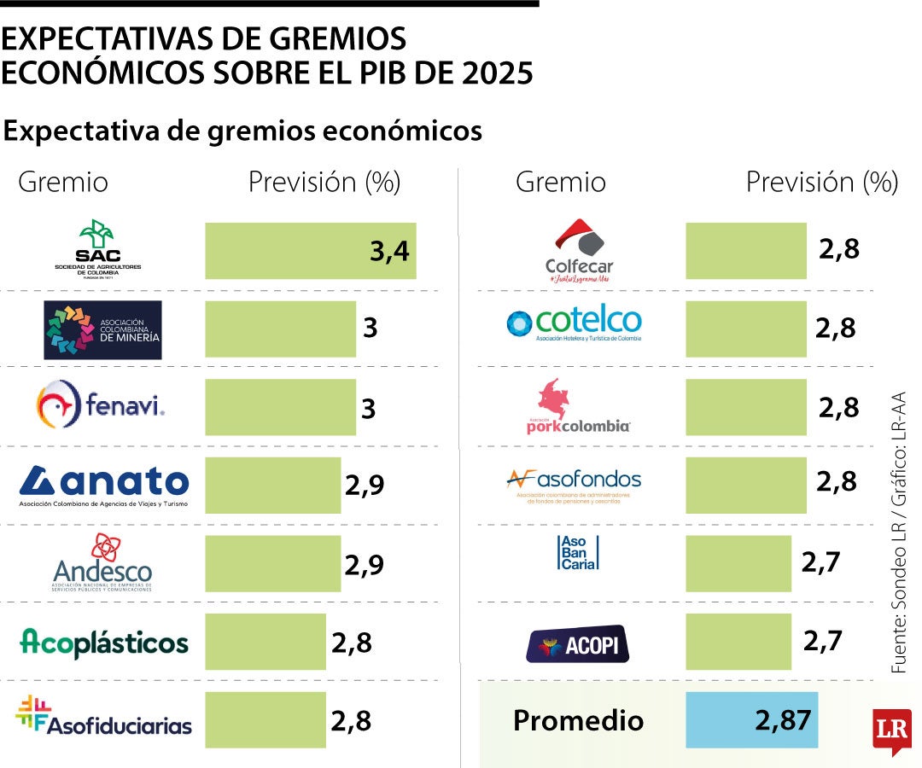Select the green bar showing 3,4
point(310,251)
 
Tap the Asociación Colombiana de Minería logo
point(102,329)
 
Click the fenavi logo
point(101,404)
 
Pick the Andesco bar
point(272,564)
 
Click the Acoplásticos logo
point(103,642)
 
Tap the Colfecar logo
point(580,250)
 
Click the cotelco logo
point(574,323)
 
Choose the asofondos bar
point(745,485)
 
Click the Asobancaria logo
point(578,553)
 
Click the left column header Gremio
point(63,182)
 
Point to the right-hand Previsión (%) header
point(821,182)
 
